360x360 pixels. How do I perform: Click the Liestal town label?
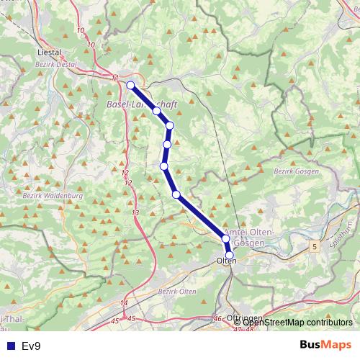[x=50, y=53]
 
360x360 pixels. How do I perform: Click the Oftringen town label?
[x=241, y=318]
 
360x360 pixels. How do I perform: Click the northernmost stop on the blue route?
[x=130, y=85]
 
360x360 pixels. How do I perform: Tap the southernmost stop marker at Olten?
[x=230, y=255]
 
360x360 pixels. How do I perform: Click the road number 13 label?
[x=135, y=213]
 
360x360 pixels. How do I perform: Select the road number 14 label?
[x=125, y=302]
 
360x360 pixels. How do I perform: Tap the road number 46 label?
[x=217, y=318]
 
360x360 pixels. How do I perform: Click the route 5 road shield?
[x=314, y=247]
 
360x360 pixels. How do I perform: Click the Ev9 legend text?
[x=31, y=346]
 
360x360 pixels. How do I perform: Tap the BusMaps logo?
[x=325, y=345]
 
